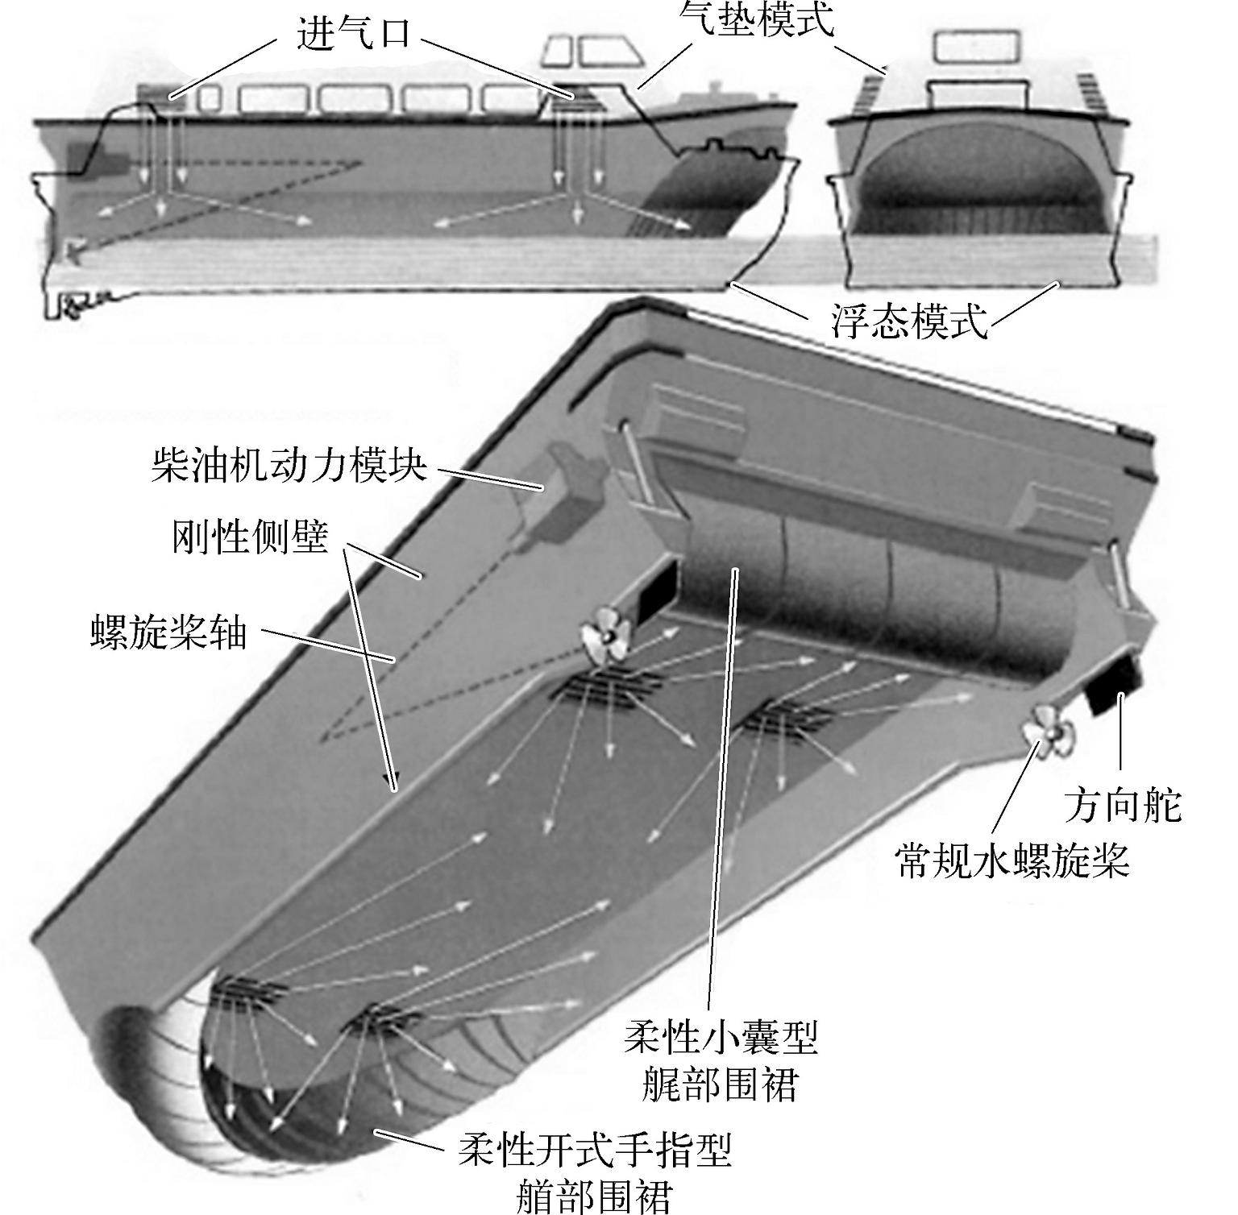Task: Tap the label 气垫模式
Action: pos(756,19)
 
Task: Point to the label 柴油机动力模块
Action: pos(289,465)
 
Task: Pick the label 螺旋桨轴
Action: pos(168,632)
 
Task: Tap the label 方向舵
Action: pos(1123,805)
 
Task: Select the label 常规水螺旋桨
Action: pos(1012,860)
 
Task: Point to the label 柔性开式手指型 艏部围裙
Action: pos(595,1172)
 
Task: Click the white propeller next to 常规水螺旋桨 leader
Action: pos(1047,732)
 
